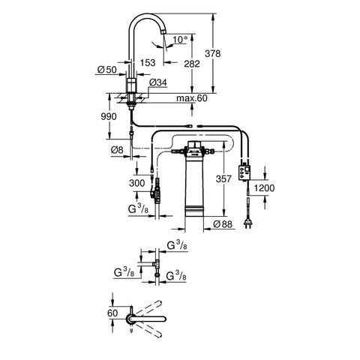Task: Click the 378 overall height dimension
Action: tap(213, 53)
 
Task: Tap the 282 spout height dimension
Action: tap(192, 64)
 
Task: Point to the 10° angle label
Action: tap(180, 40)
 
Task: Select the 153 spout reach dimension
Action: tap(148, 62)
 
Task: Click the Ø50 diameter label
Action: tap(107, 70)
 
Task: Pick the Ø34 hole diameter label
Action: tap(158, 82)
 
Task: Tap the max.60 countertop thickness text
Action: tap(192, 98)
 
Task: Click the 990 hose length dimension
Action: tap(109, 116)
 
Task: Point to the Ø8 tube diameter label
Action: tap(117, 150)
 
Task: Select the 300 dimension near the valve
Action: tap(137, 183)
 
